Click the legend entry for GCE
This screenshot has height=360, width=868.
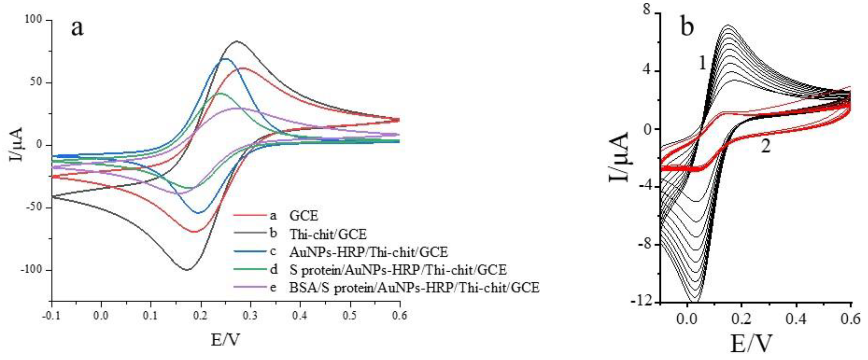coord(304,216)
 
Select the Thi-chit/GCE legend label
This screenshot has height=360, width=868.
coord(328,234)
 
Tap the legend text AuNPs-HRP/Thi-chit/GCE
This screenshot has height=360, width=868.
coord(369,252)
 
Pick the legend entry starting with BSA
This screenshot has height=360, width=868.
coord(414,288)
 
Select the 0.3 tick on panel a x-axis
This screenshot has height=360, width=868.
coord(250,316)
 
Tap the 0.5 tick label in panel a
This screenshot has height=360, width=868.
coord(350,316)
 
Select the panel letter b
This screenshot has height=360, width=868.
coord(688,27)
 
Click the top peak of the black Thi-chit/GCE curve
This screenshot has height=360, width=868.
coord(237,42)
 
